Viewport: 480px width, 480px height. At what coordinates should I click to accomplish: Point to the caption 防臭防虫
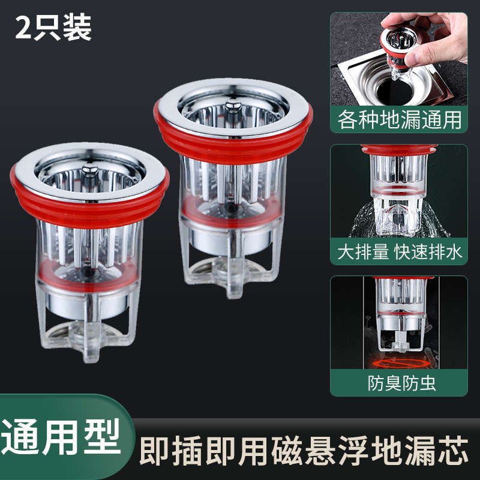pyautogui.click(x=399, y=383)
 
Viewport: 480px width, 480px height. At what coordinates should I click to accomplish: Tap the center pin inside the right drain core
pyautogui.click(x=233, y=110)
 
